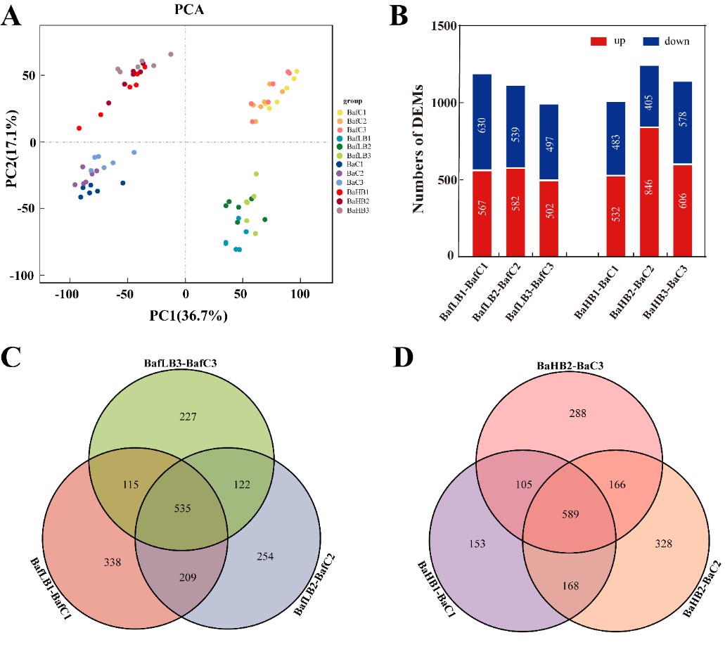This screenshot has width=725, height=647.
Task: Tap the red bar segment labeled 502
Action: pos(548,219)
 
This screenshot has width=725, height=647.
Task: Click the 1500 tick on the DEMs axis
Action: pos(448,27)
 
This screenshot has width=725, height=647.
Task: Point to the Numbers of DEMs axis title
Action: pos(421,141)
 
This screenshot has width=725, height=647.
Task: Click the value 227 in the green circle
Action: pos(188,417)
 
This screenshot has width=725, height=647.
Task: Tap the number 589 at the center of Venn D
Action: pos(569,514)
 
